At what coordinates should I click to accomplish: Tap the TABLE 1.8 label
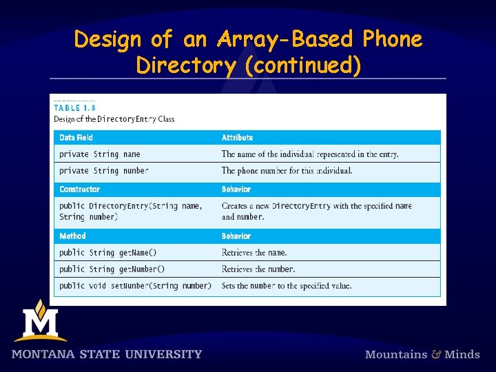point(75,107)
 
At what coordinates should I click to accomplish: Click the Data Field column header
point(76,138)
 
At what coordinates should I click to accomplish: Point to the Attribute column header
point(237,138)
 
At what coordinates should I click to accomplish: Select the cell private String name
point(99,154)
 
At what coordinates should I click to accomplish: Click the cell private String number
point(103,171)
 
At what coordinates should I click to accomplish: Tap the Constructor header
point(79,189)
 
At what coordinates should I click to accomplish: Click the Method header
point(72,236)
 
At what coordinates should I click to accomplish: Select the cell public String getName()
point(107,253)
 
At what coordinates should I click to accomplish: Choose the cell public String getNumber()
point(112,269)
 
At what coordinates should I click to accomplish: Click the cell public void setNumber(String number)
point(135,286)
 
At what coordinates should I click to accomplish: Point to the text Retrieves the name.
point(254,253)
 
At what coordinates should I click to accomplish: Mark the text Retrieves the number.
point(258,269)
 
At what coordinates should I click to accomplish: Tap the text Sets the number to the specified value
point(287,286)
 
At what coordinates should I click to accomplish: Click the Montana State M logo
point(40,320)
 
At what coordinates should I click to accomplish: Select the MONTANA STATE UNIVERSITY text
point(107,355)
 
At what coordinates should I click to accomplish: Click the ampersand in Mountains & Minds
point(436,355)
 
